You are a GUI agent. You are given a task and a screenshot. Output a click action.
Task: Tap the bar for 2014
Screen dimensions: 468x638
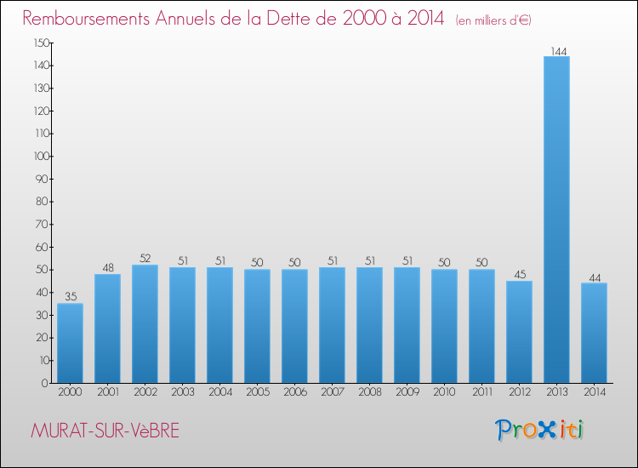[x=594, y=333]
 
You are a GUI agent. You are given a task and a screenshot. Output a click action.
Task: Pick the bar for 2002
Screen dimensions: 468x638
[x=145, y=323]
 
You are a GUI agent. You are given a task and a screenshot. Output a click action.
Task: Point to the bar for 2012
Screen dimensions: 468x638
[x=519, y=332]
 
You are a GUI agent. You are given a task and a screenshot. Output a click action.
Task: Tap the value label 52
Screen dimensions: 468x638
[x=145, y=259]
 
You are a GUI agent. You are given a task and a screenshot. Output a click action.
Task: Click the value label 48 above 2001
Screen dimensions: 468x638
[x=107, y=268]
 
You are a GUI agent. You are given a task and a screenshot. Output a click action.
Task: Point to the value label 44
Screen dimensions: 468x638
[x=594, y=277]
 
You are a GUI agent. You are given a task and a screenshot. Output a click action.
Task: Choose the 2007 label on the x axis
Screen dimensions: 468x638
[x=332, y=393]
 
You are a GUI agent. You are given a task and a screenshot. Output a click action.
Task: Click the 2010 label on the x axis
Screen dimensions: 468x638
[x=444, y=393]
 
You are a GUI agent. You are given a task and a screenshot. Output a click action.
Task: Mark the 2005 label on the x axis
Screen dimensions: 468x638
[x=257, y=393]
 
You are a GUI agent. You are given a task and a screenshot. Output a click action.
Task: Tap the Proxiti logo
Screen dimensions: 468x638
[x=540, y=430]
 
